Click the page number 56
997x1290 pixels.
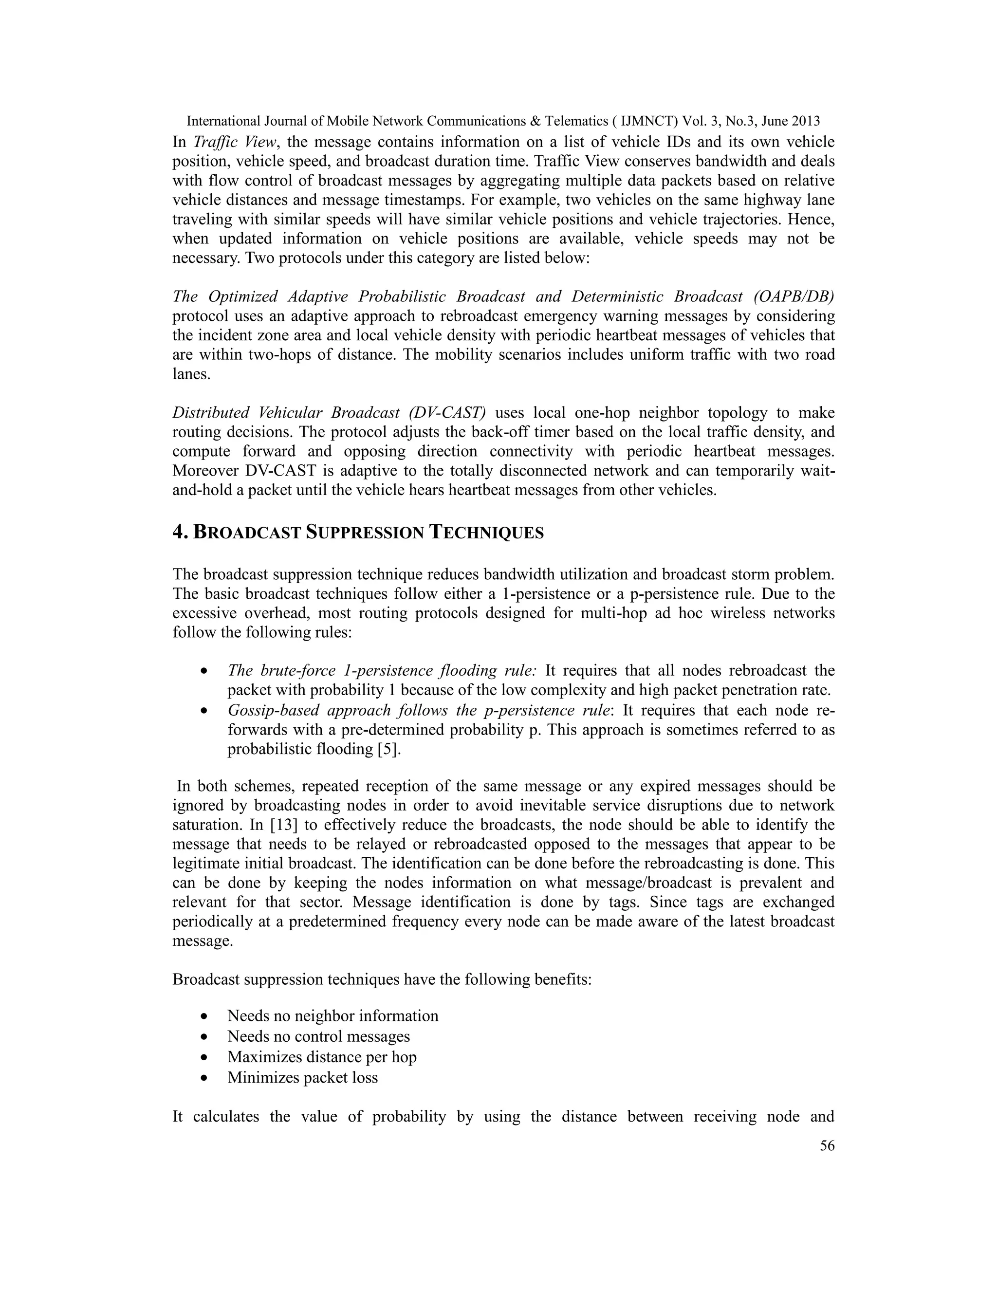(827, 1146)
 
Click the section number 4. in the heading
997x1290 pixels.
(180, 532)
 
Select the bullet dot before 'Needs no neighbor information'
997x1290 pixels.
(204, 1016)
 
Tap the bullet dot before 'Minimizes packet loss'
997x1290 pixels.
(204, 1078)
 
